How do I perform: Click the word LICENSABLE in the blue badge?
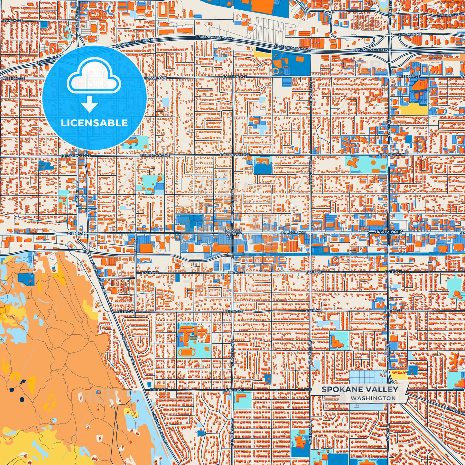94,123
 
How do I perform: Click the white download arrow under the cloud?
89,105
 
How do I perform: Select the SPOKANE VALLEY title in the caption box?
360,389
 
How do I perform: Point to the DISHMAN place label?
77,233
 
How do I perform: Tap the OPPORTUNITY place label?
388,232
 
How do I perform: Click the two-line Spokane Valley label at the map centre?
232,232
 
